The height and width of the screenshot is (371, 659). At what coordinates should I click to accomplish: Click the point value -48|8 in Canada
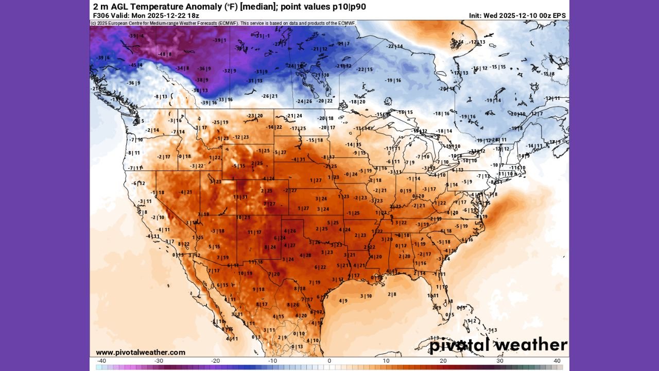pyautogui.click(x=165, y=54)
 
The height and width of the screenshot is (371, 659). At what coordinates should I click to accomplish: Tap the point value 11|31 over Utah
pyautogui.click(x=240, y=197)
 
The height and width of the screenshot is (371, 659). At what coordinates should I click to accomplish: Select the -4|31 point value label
pyautogui.click(x=299, y=160)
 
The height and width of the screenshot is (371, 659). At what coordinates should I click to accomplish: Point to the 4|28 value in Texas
pyautogui.click(x=305, y=256)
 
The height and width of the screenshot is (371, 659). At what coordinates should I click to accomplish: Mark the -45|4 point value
pyautogui.click(x=136, y=65)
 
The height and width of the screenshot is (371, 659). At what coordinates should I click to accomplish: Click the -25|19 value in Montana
pyautogui.click(x=220, y=122)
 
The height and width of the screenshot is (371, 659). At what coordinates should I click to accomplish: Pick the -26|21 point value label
pyautogui.click(x=269, y=96)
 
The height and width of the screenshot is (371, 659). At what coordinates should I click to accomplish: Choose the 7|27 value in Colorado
pyautogui.click(x=269, y=204)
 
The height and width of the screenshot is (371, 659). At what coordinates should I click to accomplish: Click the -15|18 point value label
pyautogui.click(x=315, y=140)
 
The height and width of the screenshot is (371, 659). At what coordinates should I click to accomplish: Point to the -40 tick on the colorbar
pyautogui.click(x=101, y=361)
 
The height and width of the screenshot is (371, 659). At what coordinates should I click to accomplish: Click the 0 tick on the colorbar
pyautogui.click(x=329, y=361)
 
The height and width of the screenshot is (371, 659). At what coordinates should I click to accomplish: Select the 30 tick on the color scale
pyautogui.click(x=500, y=361)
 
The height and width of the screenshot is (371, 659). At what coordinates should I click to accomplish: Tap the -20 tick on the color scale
pyautogui.click(x=215, y=361)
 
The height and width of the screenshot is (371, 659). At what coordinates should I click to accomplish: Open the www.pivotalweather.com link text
pyautogui.click(x=140, y=352)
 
